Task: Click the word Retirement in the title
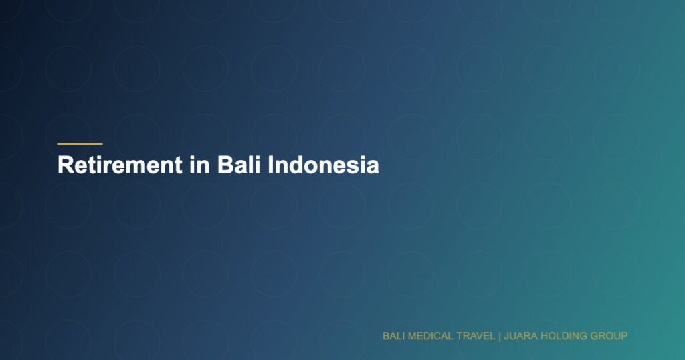(119, 165)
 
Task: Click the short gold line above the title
(80, 143)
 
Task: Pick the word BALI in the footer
(393, 335)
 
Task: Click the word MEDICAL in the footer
(429, 335)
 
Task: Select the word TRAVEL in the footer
(476, 335)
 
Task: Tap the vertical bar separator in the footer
(500, 335)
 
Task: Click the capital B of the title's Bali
(223, 165)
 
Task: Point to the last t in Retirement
(177, 165)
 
